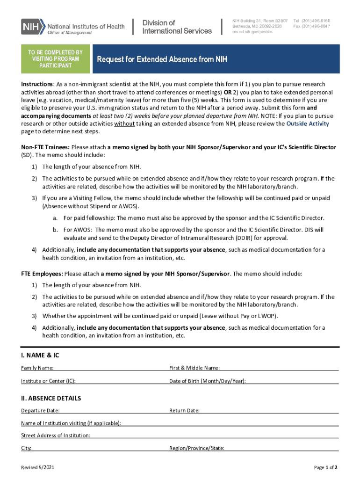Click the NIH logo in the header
pos(33,26)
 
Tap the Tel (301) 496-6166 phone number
pos(311,21)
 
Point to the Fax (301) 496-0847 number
pos(311,27)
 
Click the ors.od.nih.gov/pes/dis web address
pos(252,32)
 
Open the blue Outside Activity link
pos(308,124)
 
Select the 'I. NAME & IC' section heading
pos(40,356)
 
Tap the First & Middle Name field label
pos(194,368)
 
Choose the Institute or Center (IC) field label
pos(48,381)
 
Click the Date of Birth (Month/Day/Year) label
pos(207,381)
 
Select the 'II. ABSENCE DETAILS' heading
pos(51,399)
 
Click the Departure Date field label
pos(40,411)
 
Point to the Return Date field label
pos(184,411)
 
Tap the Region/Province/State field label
pos(196,448)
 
